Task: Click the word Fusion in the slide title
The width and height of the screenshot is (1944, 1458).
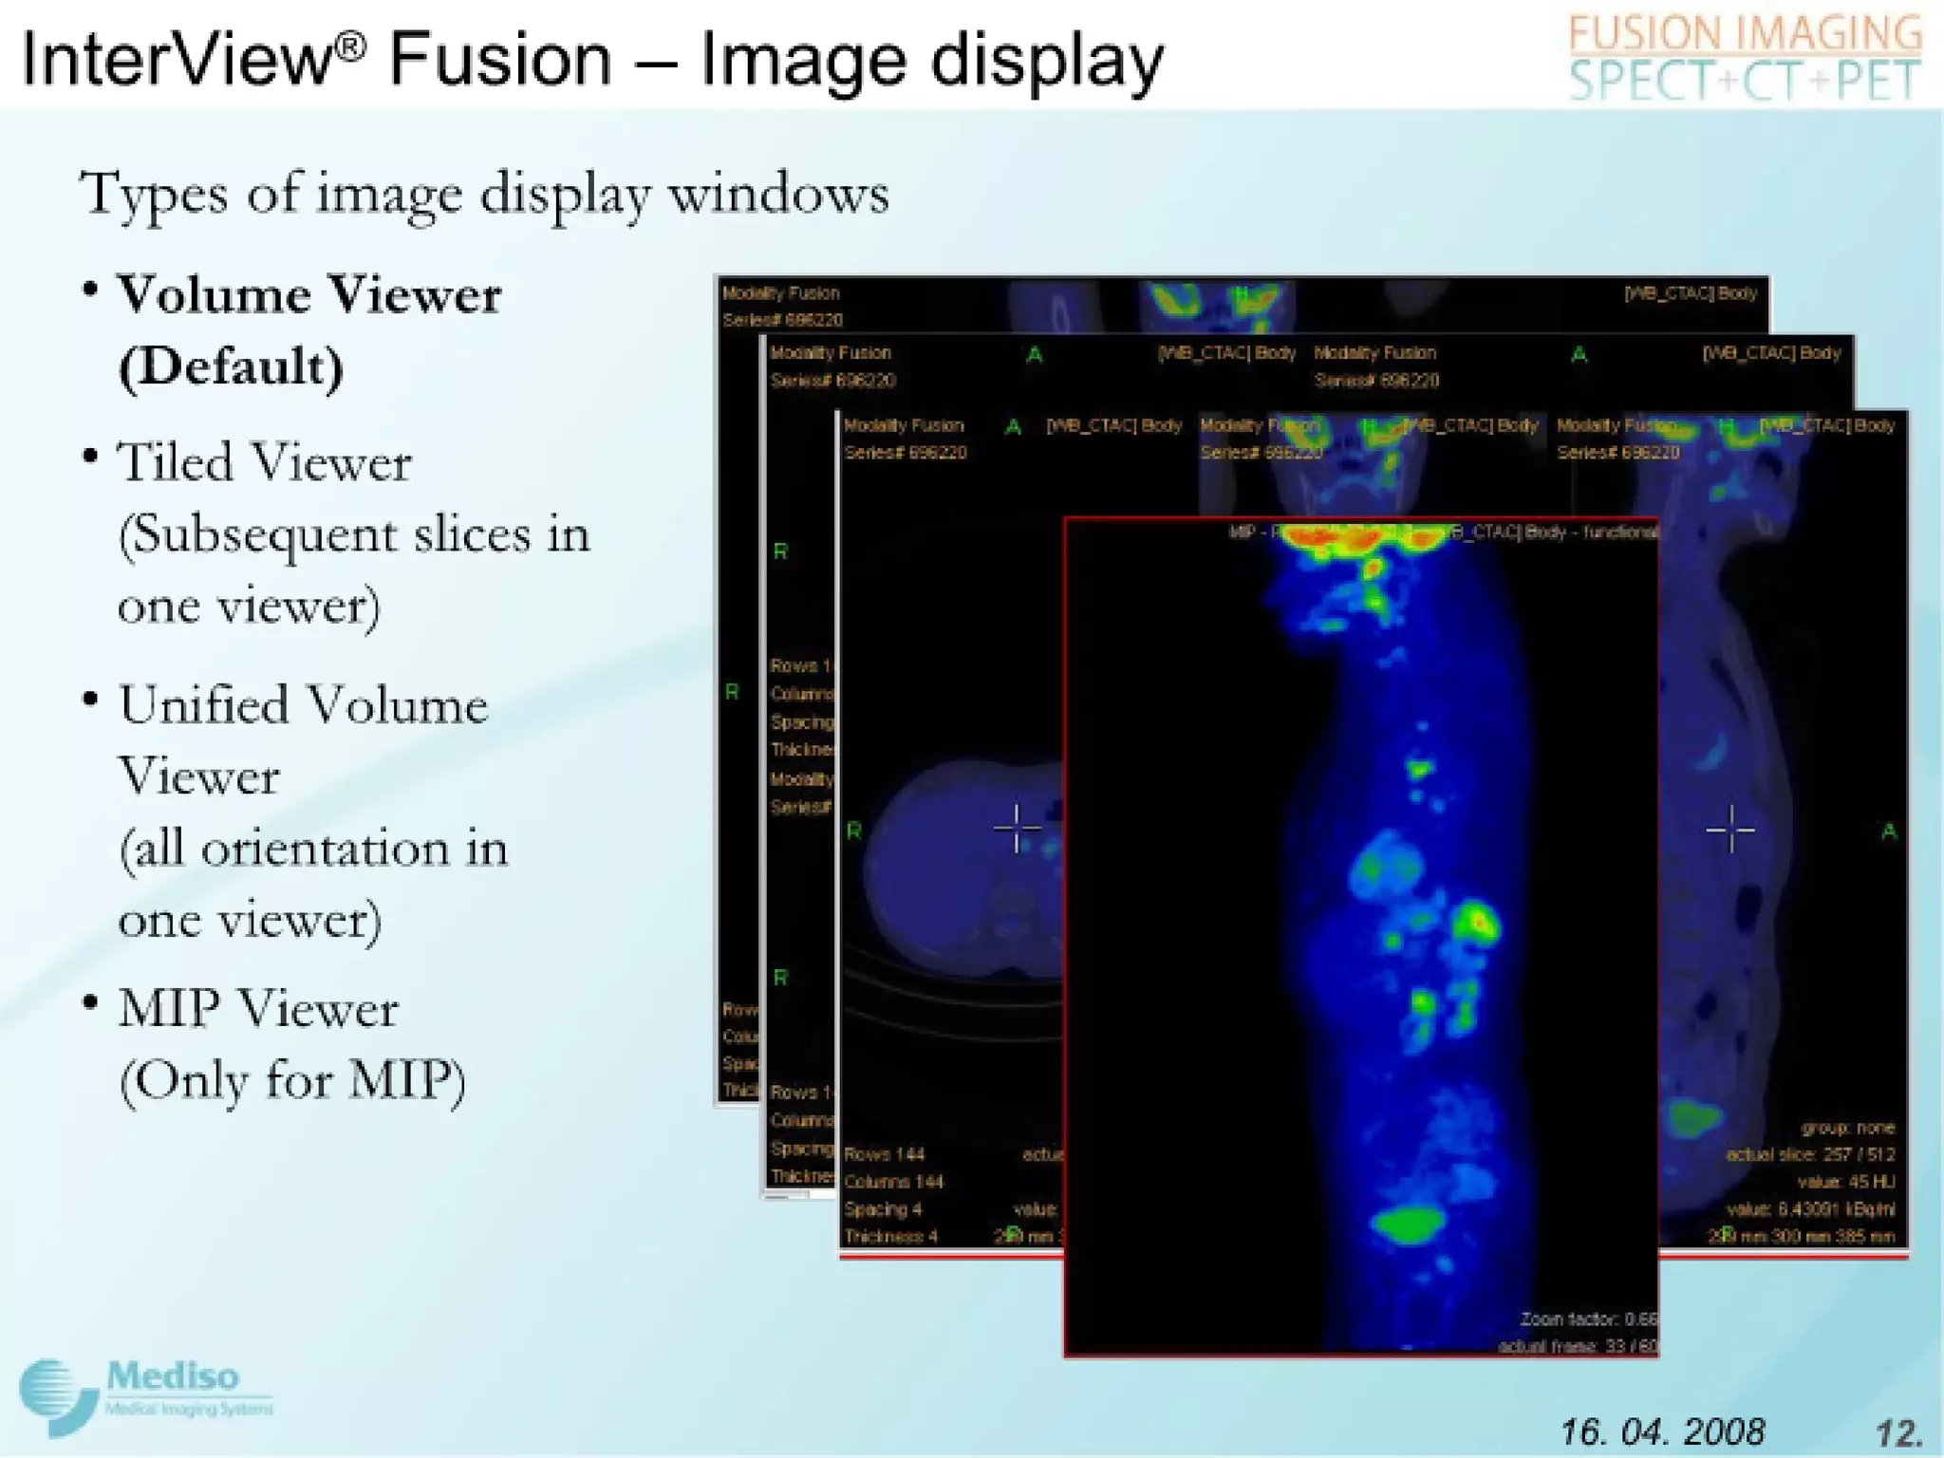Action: (500, 59)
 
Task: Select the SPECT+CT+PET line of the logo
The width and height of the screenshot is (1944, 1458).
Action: (1745, 81)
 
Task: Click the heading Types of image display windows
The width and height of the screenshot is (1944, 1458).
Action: (484, 195)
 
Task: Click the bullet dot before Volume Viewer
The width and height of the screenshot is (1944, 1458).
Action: (90, 290)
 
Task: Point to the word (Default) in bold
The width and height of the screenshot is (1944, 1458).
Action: (231, 366)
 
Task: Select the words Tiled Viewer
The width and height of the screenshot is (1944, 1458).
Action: (264, 463)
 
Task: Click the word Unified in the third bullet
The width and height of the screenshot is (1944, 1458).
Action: (203, 706)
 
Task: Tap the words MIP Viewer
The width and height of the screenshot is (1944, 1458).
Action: (257, 1008)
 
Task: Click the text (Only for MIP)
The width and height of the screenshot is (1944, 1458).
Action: (292, 1080)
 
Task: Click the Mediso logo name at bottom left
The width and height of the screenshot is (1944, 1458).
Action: (172, 1375)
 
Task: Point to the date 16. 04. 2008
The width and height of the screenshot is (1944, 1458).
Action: (1662, 1431)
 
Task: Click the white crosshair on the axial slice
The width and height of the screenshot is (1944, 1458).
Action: (1017, 829)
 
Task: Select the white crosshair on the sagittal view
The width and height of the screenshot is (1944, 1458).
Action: (1729, 830)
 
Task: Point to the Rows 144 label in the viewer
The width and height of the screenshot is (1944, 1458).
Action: (884, 1154)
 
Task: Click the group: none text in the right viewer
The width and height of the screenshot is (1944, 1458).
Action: (1847, 1128)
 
